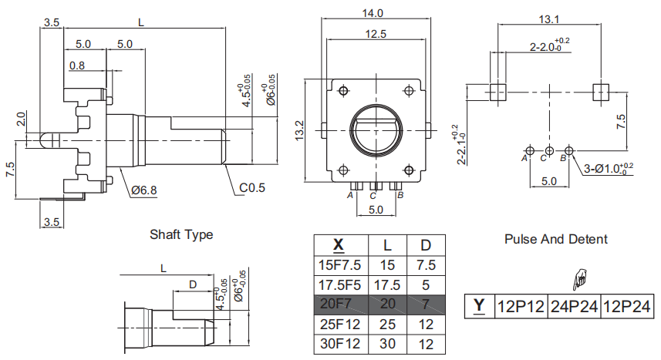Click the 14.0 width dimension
tap(373, 13)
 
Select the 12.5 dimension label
tap(376, 34)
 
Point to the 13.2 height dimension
tap(299, 130)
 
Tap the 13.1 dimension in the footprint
tap(549, 19)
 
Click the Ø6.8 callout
tap(144, 190)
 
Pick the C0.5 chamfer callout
tap(252, 187)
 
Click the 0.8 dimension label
tap(77, 66)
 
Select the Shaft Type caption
tap(181, 234)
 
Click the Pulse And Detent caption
tap(556, 239)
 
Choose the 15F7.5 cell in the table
tap(341, 266)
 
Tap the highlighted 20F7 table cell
tap(341, 304)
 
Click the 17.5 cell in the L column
tap(387, 285)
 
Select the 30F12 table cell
tap(341, 344)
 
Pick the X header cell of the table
tap(341, 245)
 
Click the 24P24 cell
tap(574, 307)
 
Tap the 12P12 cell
tap(521, 307)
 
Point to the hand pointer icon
tap(580, 279)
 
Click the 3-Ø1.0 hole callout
tap(608, 169)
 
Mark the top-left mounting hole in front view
tap(343, 91)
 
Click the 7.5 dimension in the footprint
tap(621, 121)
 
